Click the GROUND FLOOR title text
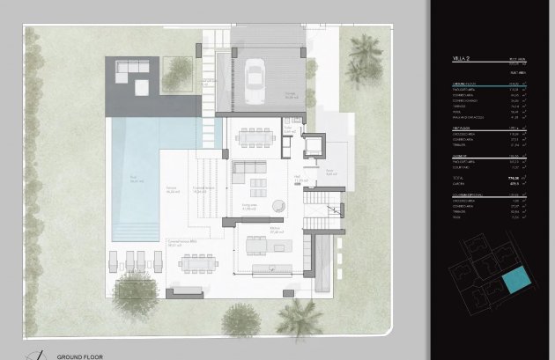pyautogui.click(x=81, y=356)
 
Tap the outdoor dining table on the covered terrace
pyautogui.click(x=197, y=263)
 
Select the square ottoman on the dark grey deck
pyautogui.click(x=143, y=85)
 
